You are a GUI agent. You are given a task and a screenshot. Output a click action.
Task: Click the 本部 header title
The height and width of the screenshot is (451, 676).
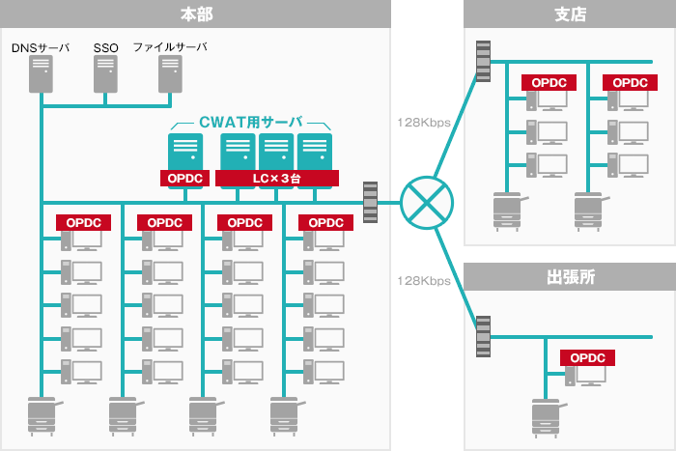coord(196,14)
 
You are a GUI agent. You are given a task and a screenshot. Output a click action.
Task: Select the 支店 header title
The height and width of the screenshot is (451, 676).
coord(569,14)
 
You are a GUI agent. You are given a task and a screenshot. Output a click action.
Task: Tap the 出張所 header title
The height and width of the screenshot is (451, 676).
coord(569,276)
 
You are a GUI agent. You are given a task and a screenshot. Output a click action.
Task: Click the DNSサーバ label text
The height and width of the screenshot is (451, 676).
coord(41,46)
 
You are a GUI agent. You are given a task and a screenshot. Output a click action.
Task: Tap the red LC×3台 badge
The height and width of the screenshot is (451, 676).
coord(276,179)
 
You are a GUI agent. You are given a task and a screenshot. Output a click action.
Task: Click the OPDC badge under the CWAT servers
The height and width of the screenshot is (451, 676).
coord(184,179)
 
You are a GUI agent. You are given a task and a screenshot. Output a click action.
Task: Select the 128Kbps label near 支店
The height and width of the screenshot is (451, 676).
coord(423,123)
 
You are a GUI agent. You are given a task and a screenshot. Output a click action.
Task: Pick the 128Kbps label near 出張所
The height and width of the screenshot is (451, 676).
coord(423,281)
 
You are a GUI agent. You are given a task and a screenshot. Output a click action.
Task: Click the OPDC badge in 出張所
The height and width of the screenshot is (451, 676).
coord(588,357)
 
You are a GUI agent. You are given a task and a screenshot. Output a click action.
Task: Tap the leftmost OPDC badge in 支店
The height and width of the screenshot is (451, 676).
coord(549,83)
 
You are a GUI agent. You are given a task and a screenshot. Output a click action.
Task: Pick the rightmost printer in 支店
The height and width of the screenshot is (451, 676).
coord(590,210)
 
